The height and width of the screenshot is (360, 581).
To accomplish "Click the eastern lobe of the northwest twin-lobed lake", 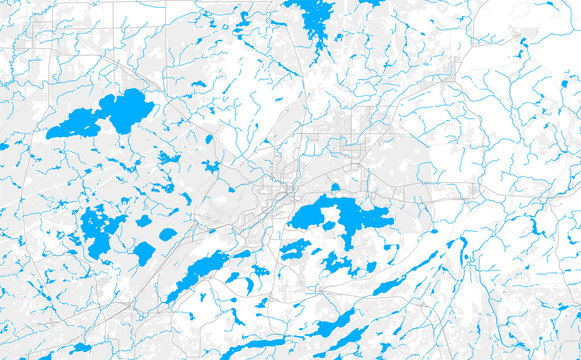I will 127,107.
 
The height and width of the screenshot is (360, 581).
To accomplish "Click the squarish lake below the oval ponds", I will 144,253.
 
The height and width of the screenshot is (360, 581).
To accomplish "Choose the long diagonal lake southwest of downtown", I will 199,271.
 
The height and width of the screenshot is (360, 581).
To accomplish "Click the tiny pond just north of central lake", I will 335,187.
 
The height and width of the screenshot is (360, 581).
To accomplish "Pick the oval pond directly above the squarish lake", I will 144,221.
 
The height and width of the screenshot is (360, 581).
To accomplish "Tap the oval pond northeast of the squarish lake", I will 168,234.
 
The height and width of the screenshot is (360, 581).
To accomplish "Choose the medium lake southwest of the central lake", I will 295,249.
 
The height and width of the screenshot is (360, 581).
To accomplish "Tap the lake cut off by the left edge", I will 3,146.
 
